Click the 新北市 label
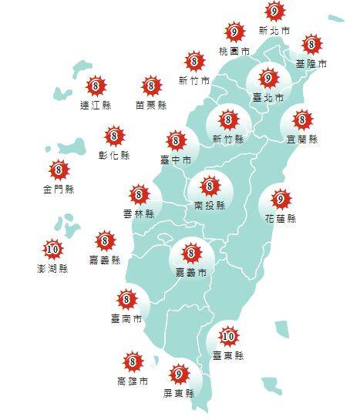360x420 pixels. click(x=274, y=31)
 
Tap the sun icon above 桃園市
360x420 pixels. click(x=234, y=32)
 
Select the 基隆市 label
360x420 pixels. click(x=311, y=64)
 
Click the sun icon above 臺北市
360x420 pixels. click(x=267, y=79)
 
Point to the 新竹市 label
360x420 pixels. click(x=193, y=79)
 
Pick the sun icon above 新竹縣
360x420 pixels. click(x=227, y=119)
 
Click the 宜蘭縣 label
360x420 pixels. click(x=301, y=139)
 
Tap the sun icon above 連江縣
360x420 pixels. click(x=96, y=86)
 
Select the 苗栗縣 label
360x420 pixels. click(x=150, y=105)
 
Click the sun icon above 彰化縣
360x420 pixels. click(x=115, y=136)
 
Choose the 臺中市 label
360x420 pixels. click(x=177, y=160)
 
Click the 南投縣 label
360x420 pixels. click(x=209, y=206)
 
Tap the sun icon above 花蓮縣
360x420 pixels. click(x=281, y=200)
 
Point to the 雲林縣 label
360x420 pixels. click(x=139, y=213)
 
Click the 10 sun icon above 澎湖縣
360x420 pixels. click(x=52, y=249)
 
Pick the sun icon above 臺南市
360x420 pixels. click(x=126, y=298)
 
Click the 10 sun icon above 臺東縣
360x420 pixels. click(x=228, y=336)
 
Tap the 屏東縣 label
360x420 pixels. click(x=180, y=393)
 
